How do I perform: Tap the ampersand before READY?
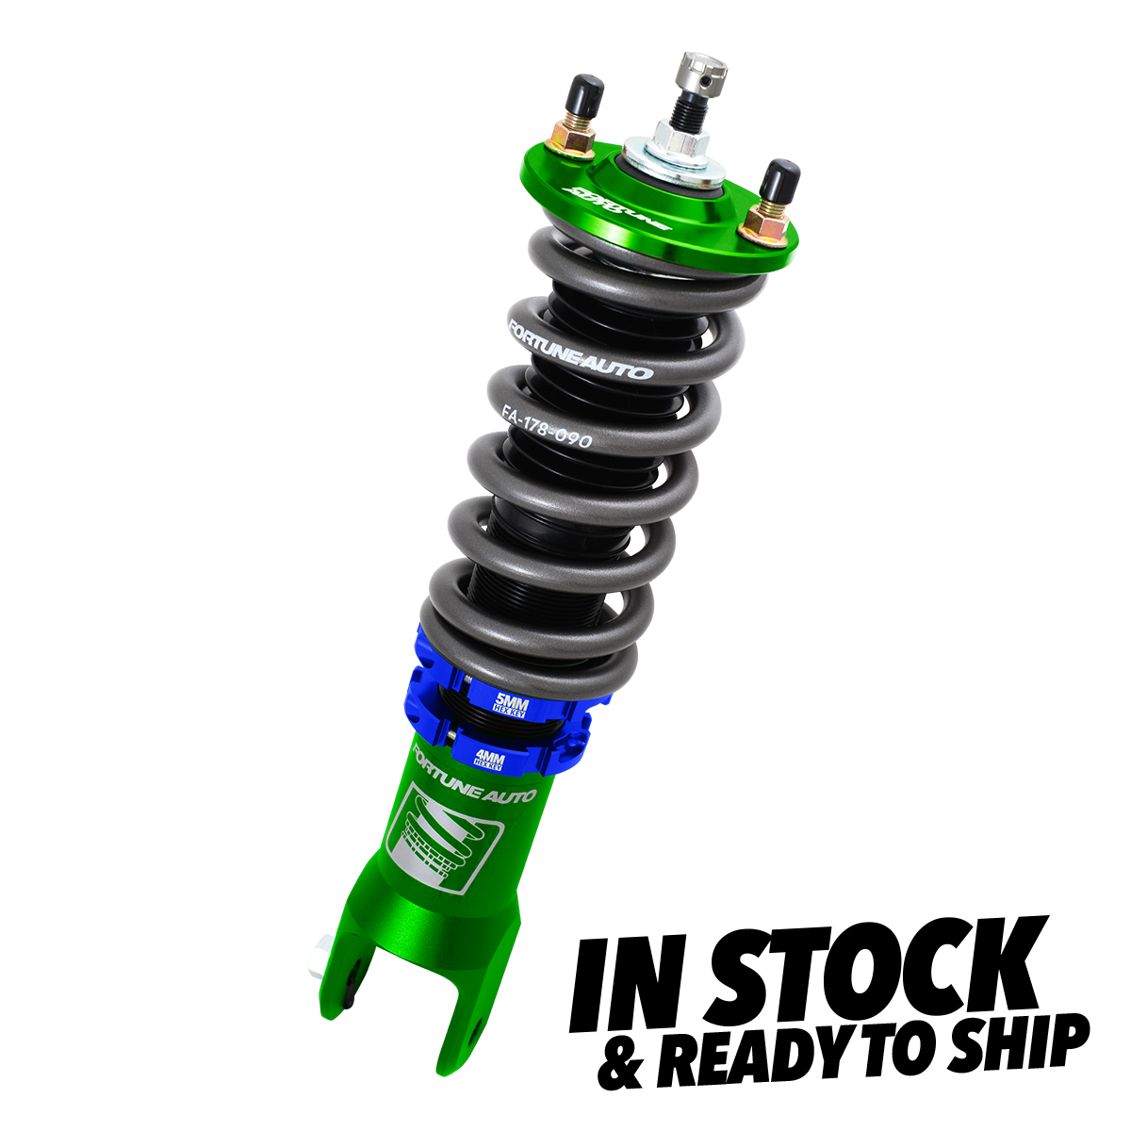(620, 1063)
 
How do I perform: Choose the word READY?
(754, 1057)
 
